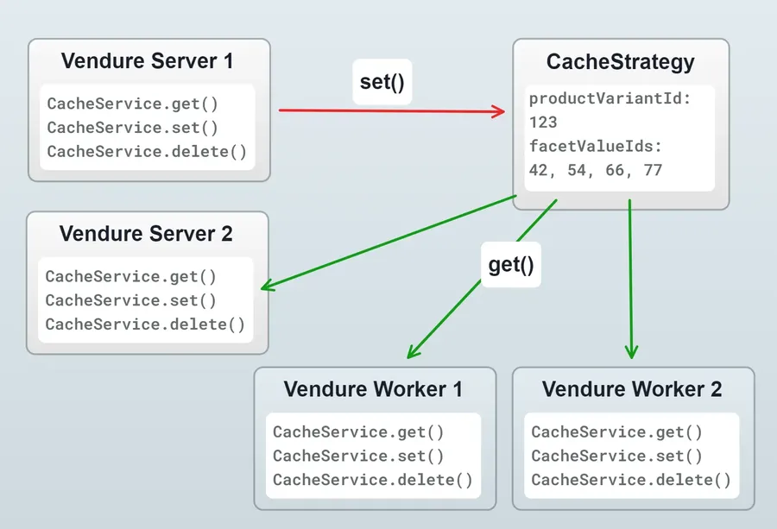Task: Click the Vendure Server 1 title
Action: coord(147,61)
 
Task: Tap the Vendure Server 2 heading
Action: coord(146,233)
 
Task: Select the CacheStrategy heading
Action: coord(621,62)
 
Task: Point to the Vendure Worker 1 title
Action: coord(373,389)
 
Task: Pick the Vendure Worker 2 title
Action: coord(632,389)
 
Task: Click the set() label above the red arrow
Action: coord(382,82)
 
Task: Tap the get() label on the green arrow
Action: coord(511,264)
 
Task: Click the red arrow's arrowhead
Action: coord(498,111)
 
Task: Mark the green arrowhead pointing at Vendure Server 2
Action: coord(267,286)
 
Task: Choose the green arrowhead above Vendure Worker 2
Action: coord(631,352)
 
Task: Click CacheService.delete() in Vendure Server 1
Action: coord(147,152)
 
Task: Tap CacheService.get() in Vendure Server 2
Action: coord(131,276)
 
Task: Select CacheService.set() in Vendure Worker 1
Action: coord(358,456)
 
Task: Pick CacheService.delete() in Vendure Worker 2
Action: coord(631,480)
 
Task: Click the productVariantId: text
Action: coord(610,98)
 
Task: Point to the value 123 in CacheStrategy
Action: coord(543,123)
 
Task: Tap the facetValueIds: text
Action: coord(596,146)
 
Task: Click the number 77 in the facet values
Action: coord(654,170)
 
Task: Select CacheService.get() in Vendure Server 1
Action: coord(132,104)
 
